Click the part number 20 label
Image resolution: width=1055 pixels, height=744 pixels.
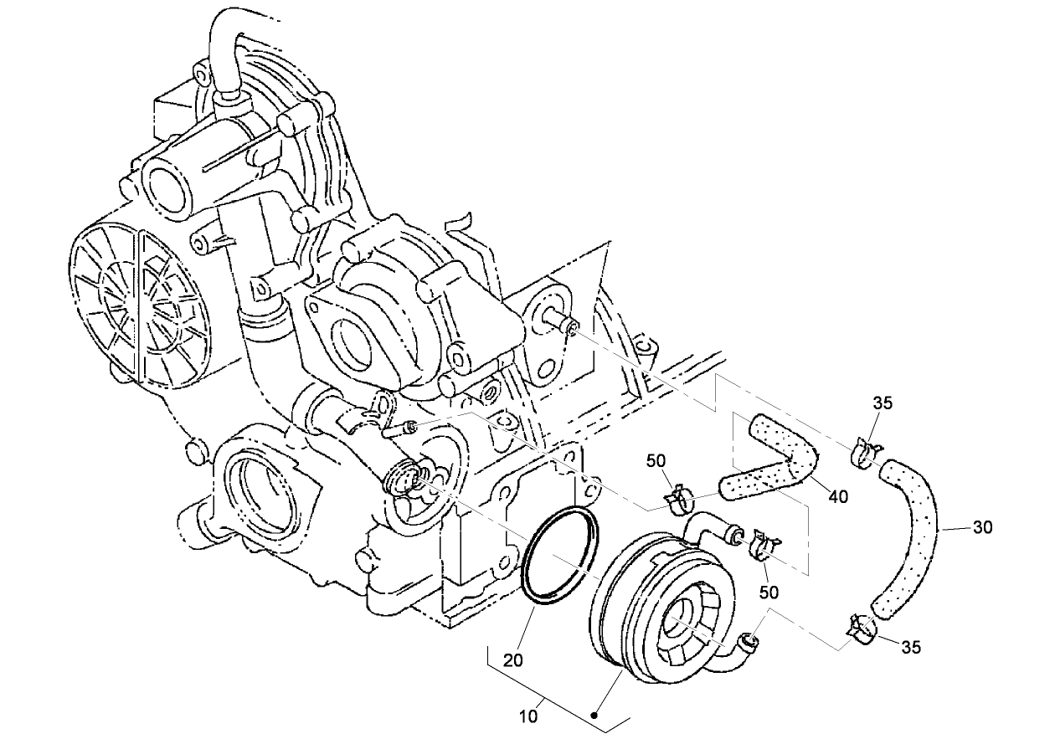click(513, 660)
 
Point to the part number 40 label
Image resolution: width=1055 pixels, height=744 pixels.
click(837, 496)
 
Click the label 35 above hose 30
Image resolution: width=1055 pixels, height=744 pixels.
click(883, 403)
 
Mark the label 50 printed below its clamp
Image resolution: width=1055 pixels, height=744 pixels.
click(769, 592)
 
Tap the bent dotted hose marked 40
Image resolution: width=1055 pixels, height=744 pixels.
click(775, 460)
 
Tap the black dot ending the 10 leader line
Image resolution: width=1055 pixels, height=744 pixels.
click(594, 716)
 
